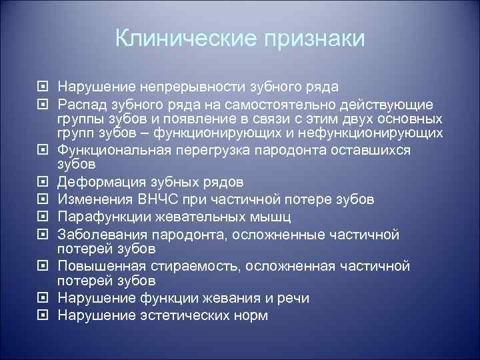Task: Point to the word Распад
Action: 81,104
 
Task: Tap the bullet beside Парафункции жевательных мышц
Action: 43,217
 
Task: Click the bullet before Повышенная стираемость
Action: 43,266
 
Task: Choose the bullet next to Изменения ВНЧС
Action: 43,200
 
